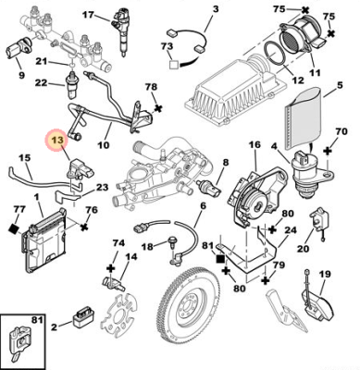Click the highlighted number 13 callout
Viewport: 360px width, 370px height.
(x=57, y=141)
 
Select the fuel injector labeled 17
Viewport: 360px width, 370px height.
(x=121, y=31)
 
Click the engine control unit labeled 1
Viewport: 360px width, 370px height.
(x=45, y=240)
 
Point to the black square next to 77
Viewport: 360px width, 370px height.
(x=14, y=229)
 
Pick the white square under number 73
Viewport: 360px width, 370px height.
(x=174, y=65)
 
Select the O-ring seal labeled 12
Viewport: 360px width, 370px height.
(x=274, y=54)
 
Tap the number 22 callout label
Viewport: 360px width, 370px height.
(x=41, y=82)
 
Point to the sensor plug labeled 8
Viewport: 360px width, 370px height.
(x=208, y=187)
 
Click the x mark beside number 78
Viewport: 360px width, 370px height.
(x=158, y=107)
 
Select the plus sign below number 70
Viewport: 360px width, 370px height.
(x=328, y=151)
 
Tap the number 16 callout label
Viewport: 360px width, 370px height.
(x=254, y=145)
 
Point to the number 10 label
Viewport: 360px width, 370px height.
(x=104, y=144)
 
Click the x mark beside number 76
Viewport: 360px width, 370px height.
(x=84, y=228)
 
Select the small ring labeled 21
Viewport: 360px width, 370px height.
(x=71, y=66)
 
